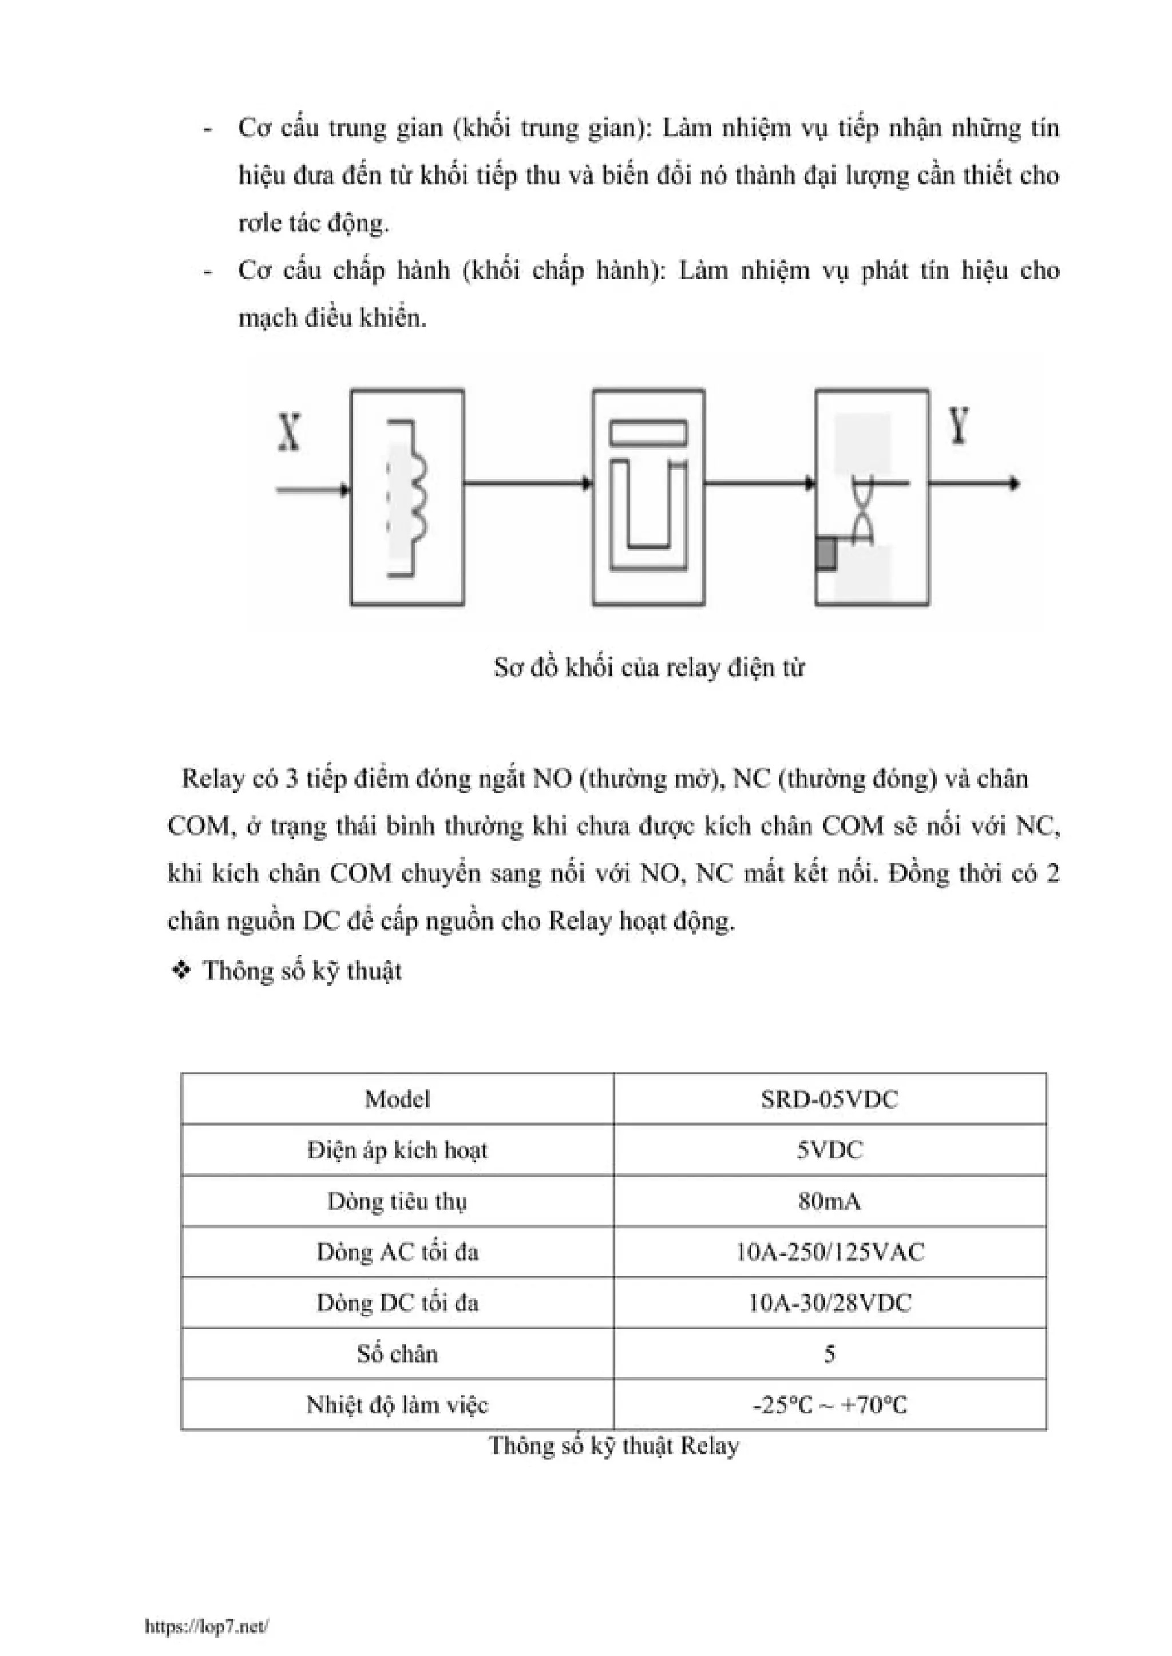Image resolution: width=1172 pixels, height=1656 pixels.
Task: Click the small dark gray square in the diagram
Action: pos(826,554)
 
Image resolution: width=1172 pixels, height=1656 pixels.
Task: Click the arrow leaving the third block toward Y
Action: pos(974,483)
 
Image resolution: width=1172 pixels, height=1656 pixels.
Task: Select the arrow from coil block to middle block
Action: pos(528,483)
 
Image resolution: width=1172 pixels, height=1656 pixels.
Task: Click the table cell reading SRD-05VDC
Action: pos(829,1099)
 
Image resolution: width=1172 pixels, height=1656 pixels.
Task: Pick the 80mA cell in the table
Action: pos(829,1201)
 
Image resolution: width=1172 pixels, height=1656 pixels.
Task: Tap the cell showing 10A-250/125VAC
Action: pos(829,1252)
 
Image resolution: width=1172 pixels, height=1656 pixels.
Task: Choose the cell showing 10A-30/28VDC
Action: pos(829,1302)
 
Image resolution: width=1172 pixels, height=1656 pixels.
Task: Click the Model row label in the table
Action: pos(397,1099)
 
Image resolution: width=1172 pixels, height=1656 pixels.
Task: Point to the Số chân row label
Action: pos(397,1354)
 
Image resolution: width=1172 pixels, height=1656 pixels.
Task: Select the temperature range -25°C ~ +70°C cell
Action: pos(829,1405)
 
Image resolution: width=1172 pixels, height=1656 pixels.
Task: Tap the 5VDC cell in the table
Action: pos(829,1150)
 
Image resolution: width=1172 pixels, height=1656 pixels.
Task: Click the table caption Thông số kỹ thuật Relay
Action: pos(614,1446)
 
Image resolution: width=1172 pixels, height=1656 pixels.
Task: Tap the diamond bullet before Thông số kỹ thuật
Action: pos(180,971)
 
